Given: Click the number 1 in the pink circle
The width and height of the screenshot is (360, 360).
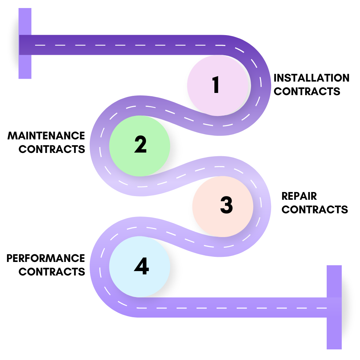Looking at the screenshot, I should (216, 85).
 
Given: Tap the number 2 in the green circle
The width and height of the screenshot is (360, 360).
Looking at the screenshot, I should (140, 145).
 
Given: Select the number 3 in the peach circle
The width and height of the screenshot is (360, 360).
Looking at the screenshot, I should (226, 205).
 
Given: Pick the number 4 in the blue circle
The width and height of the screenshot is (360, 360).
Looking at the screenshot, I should (141, 266).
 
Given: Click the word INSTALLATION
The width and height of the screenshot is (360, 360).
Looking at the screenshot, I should (311, 78).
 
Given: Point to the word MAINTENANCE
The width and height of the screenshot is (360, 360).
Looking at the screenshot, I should (46, 136).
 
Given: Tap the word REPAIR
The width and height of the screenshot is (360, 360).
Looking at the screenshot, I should (299, 196).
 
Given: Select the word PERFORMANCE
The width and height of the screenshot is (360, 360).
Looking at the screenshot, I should (46, 258).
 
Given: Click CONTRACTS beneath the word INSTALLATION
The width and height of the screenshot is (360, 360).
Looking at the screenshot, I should (307, 91).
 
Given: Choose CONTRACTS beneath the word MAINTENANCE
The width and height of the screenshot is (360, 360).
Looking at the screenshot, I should (52, 149).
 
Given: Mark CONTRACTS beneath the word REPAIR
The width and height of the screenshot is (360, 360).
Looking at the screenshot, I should (315, 209).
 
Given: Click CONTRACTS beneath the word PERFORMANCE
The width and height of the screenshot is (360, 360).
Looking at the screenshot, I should (52, 271).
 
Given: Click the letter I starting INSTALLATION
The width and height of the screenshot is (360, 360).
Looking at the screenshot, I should (276, 78).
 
